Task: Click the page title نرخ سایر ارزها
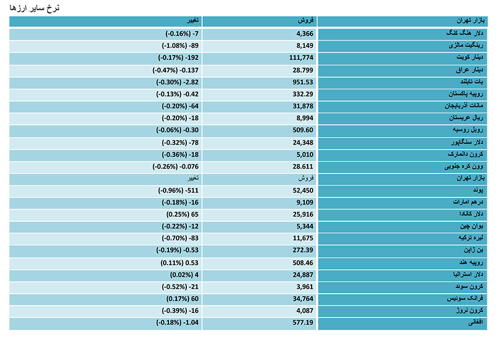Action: [x=34, y=8]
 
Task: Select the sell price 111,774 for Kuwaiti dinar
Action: [x=301, y=58]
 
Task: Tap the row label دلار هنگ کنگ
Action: [x=464, y=33]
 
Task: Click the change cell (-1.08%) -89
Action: [x=180, y=45]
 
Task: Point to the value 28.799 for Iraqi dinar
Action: [x=303, y=70]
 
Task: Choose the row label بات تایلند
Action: [x=472, y=82]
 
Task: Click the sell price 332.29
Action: [x=303, y=94]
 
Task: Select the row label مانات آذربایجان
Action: [x=464, y=106]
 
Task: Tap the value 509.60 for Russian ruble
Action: [x=303, y=130]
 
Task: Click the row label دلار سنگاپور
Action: [x=467, y=143]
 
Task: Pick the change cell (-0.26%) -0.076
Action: [x=175, y=166]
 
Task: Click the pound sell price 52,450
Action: [x=303, y=190]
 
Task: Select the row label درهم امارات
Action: [x=468, y=202]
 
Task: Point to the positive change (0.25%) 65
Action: [x=182, y=214]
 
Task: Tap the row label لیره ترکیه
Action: [x=471, y=238]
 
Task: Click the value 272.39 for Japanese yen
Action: [x=303, y=250]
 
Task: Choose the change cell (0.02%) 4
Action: [x=184, y=275]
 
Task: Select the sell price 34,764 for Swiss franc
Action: [x=303, y=298]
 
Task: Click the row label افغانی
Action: [x=476, y=322]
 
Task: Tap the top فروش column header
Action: [x=305, y=21]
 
